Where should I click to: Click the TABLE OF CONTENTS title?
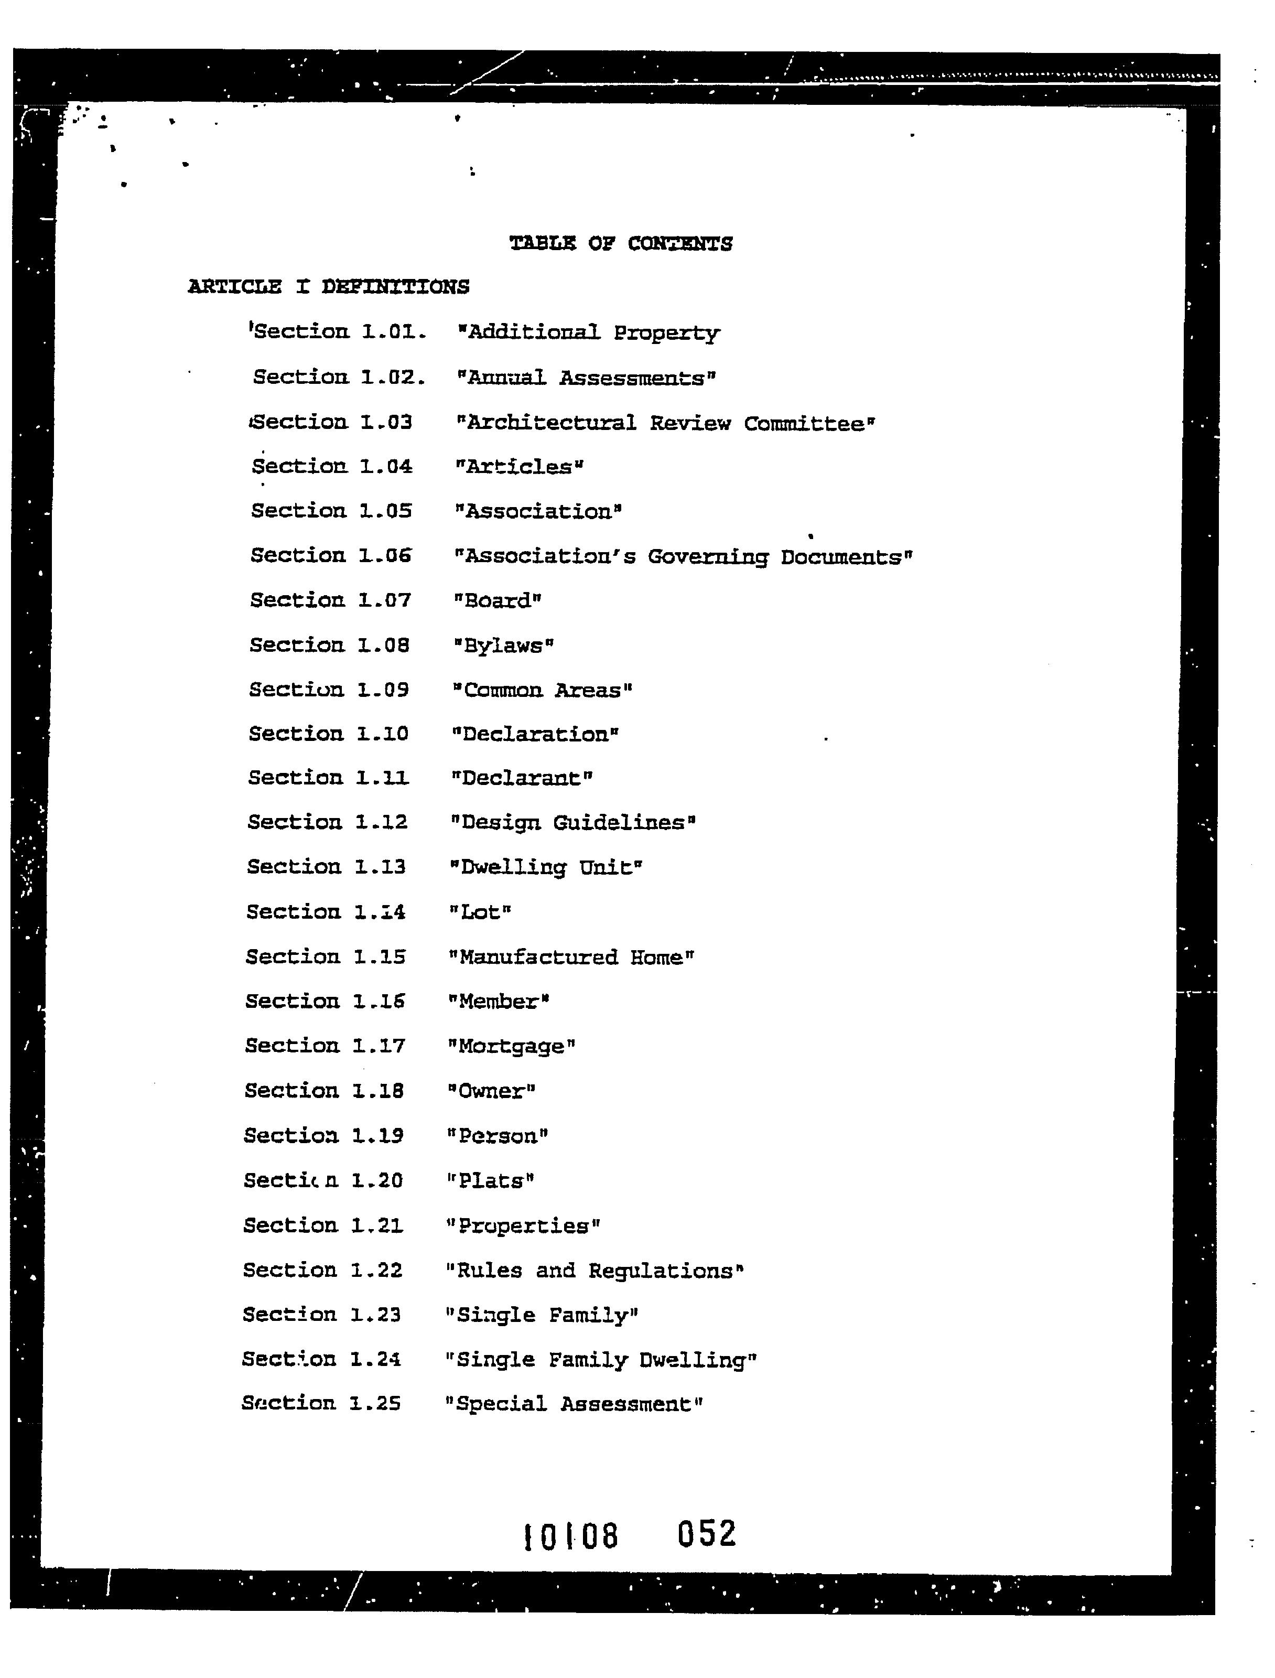(620, 244)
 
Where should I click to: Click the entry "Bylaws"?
(503, 646)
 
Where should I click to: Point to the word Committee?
(809, 424)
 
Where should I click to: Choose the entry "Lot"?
(480, 912)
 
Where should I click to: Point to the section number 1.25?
(374, 1403)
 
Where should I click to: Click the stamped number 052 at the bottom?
(706, 1534)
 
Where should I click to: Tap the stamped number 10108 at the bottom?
(571, 1537)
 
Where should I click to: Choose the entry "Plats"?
(490, 1181)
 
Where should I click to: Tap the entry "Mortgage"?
(512, 1047)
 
